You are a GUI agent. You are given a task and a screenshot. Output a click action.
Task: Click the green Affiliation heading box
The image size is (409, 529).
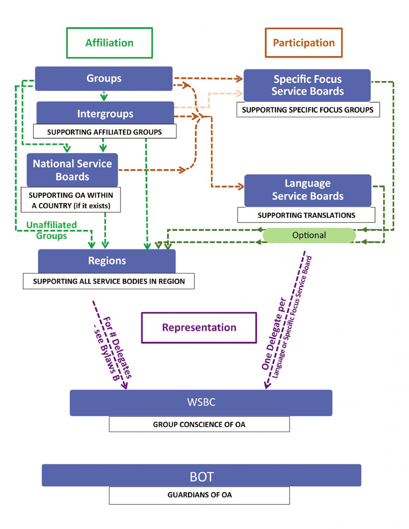point(109,43)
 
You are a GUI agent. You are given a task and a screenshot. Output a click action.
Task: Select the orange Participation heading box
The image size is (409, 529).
point(304,43)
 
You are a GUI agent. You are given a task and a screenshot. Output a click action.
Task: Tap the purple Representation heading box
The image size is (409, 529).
point(199,327)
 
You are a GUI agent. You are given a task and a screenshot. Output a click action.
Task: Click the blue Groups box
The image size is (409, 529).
point(104,79)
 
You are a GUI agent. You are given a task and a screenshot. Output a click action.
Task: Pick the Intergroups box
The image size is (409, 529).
point(105,113)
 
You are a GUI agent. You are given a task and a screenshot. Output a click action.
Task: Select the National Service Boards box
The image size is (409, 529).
point(72,170)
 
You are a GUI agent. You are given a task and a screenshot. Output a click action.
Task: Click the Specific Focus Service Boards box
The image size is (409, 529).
point(307,85)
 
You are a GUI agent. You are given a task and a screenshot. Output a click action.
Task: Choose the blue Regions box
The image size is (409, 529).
point(107,261)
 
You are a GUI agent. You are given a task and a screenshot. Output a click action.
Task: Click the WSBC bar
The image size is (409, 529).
point(201,402)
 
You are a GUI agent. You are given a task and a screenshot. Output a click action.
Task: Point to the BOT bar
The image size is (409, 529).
point(201,476)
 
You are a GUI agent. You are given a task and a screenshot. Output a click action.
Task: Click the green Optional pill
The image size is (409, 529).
point(309,235)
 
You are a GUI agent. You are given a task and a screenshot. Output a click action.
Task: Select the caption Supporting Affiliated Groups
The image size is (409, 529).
point(105,132)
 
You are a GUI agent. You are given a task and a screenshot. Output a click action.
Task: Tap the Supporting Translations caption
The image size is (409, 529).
point(306,215)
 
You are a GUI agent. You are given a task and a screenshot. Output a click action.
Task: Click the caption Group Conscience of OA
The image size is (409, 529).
point(199,424)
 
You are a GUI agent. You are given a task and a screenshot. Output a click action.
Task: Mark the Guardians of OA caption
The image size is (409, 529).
point(199,495)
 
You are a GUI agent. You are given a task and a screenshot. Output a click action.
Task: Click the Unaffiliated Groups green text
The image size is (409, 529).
point(52,230)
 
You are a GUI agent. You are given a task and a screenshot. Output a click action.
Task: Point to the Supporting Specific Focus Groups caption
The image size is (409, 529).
point(308,110)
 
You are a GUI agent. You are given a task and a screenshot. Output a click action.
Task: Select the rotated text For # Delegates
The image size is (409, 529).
point(117,347)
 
